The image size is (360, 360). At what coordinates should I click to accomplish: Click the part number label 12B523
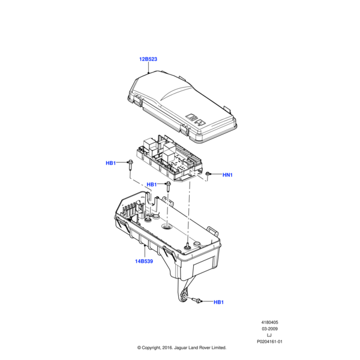point(148,59)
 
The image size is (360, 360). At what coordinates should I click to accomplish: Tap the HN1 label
point(227,175)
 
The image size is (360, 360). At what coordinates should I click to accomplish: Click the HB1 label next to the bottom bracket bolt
point(218,302)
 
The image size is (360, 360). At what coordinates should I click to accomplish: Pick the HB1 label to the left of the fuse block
point(111,163)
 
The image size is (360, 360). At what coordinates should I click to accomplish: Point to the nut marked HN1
point(208,174)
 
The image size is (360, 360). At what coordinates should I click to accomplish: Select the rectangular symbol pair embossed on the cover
point(196,119)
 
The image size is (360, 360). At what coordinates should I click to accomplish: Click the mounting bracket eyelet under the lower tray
point(182,298)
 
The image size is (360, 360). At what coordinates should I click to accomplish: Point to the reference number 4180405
point(269,322)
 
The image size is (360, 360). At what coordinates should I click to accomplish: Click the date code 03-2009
point(269,329)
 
